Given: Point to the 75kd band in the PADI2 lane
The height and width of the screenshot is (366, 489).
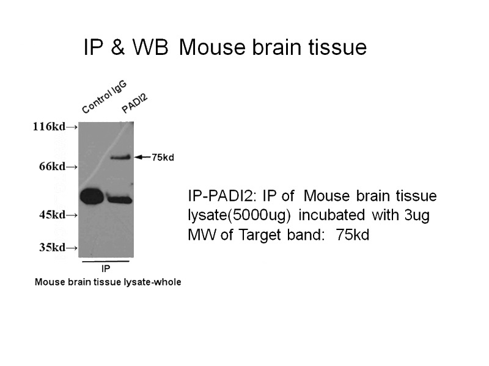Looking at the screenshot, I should point(120,157).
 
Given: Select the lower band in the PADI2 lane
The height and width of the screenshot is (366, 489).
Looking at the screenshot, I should point(120,198).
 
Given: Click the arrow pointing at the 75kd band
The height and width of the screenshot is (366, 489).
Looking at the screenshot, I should point(142,157).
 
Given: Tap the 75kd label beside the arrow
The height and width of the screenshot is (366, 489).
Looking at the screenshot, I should point(163,157).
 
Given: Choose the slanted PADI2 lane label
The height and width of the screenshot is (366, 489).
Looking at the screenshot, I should point(134,102).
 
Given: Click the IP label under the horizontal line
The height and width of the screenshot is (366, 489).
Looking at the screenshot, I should point(105,268).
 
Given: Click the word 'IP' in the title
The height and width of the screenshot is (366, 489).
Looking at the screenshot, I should point(93,48).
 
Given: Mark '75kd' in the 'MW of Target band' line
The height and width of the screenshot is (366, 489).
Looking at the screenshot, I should point(352,235).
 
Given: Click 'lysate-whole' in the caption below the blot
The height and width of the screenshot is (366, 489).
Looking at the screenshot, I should point(155,282).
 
